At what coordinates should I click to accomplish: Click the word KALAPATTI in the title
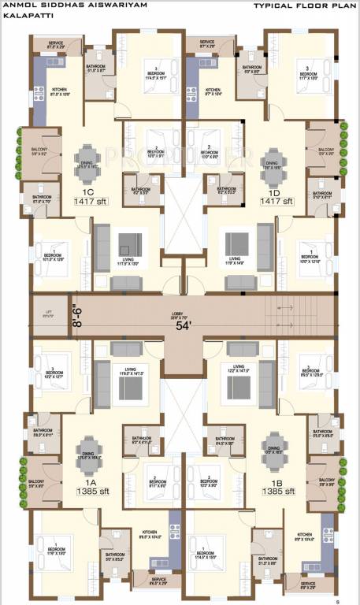click(x=20, y=16)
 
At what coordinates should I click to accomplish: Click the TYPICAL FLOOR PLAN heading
click(x=303, y=6)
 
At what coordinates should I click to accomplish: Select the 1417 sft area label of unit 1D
click(x=276, y=202)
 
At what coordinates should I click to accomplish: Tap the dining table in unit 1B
click(x=272, y=443)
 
